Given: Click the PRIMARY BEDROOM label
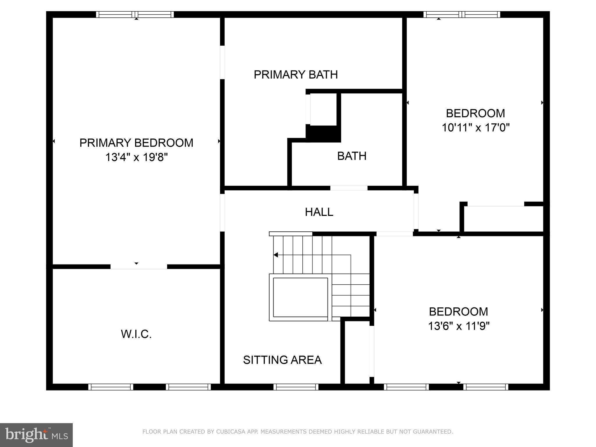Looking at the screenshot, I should [136, 143].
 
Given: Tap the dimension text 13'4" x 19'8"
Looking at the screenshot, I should [136, 157].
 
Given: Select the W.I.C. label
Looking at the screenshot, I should [136, 334].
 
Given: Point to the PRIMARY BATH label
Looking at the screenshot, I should [296, 74].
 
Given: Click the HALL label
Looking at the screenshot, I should [319, 212].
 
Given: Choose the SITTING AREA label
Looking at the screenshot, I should [282, 360].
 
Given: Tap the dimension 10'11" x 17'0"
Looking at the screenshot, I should [476, 127].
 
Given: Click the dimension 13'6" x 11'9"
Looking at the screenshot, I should [459, 326].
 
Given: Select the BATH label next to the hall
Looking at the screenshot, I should [352, 156].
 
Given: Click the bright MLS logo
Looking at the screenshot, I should [36, 435].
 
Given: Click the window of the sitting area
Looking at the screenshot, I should [296, 387].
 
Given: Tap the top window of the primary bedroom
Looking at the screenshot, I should [135, 15].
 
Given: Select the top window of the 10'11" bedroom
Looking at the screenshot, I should [462, 15].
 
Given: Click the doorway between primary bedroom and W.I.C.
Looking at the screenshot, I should [139, 267].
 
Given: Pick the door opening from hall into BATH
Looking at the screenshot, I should [349, 188].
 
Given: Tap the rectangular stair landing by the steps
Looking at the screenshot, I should [300, 297].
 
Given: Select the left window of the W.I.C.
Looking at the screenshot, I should [111, 387].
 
